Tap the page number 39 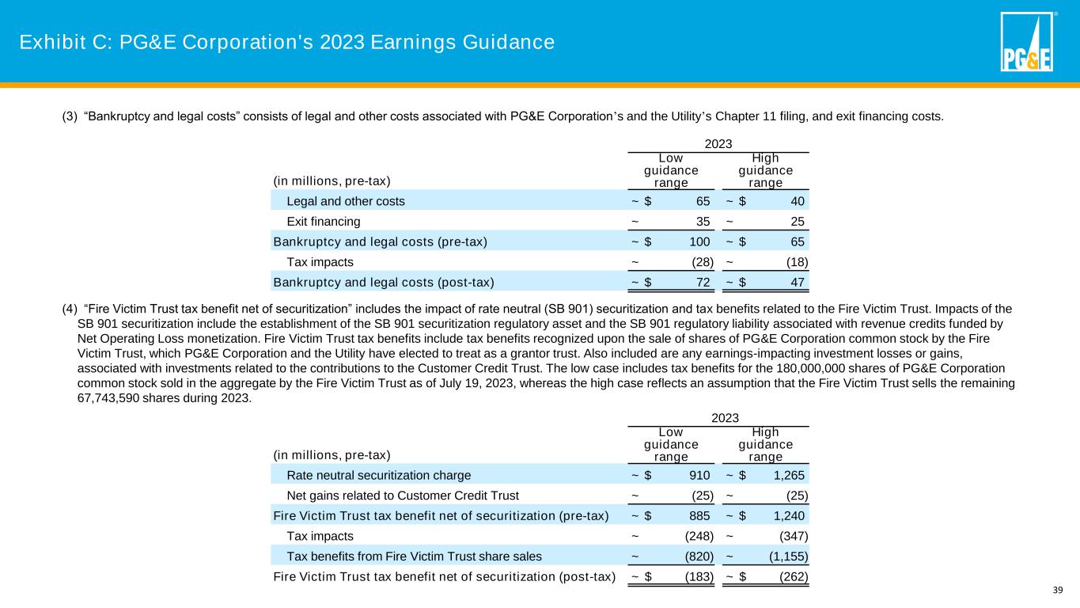coord(1057,589)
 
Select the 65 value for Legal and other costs coord(703,201)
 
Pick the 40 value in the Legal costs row coord(798,201)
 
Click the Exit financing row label coord(324,222)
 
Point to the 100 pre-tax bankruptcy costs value coord(700,241)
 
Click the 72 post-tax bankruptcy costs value coord(703,282)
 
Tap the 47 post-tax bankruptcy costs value coord(798,282)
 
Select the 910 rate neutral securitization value coord(699,476)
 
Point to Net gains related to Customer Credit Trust coord(403,496)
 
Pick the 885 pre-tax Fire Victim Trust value coord(699,516)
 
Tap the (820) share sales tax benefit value coord(698,557)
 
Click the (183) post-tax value coord(698,576)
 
